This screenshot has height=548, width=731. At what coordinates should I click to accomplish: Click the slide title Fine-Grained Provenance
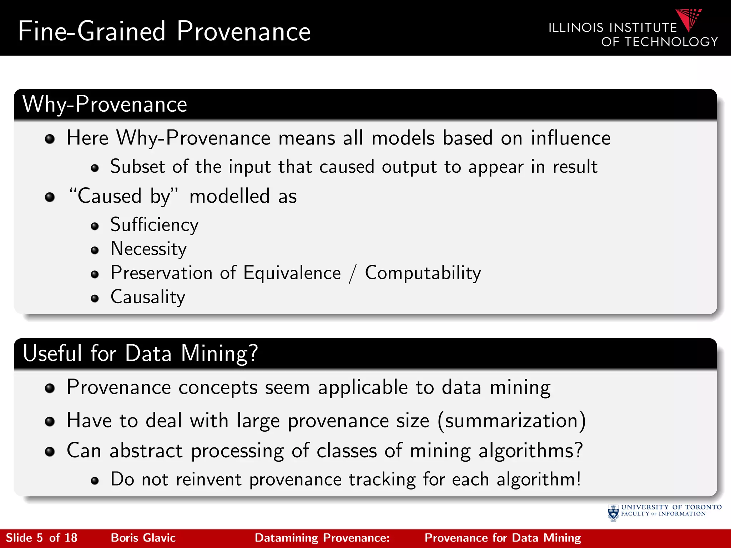pos(164,31)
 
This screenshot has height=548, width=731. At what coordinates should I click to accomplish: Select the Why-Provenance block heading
pos(105,104)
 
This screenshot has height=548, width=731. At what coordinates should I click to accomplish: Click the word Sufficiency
pos(154,225)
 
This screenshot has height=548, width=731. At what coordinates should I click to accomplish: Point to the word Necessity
pos(148,249)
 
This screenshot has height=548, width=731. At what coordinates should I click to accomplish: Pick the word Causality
pos(148,297)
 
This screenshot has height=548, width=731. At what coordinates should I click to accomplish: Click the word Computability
pos(423,273)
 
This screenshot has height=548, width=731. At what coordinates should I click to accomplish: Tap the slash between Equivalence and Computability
pos(353,274)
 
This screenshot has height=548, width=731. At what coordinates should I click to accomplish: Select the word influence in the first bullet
pos(570,138)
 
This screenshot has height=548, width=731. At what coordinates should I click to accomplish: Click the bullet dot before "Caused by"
pos(50,197)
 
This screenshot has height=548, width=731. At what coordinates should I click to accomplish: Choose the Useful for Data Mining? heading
pos(140,353)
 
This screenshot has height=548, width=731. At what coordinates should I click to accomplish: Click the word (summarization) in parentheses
pos(511,421)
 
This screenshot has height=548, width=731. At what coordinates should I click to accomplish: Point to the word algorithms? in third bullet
pos(530,451)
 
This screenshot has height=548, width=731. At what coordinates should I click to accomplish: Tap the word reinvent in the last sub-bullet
pos(209,479)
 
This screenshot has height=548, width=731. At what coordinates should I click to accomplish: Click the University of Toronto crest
pos(613,513)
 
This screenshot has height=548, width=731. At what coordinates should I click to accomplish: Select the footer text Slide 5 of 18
pos(41,538)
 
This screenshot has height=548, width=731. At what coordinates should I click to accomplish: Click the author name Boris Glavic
pos(143,538)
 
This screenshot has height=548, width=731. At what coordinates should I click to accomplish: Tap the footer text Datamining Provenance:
pos(322,538)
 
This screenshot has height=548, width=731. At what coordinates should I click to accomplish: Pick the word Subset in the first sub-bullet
pos(137,167)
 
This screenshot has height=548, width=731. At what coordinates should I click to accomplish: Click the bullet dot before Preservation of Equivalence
pos(95,274)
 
